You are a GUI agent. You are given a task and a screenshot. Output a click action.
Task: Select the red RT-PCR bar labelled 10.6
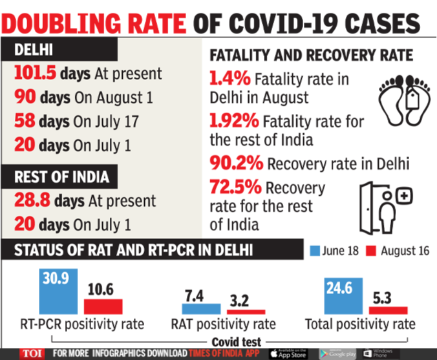tap(103, 306)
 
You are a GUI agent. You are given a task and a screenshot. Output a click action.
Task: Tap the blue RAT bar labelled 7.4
tap(202, 308)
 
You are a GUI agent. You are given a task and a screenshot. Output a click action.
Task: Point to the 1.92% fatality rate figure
tap(234, 122)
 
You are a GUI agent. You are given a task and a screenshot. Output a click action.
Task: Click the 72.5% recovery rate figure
tap(235, 188)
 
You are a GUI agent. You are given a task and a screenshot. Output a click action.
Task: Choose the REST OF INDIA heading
tap(61, 177)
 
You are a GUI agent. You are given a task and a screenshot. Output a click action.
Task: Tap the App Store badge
tap(288, 353)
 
